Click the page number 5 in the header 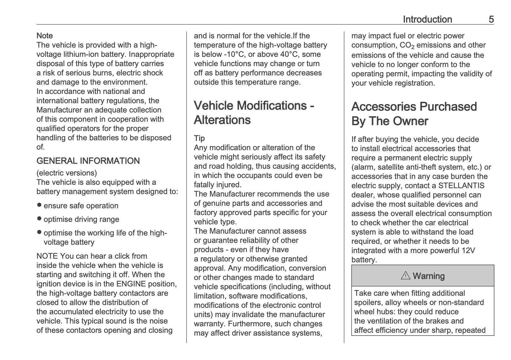(491, 19)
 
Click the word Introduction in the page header (427, 19)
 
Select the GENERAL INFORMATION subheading (88, 161)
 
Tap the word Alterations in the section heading (222, 120)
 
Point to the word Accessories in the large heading (388, 107)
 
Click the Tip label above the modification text (199, 138)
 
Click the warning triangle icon (405, 276)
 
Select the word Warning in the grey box (428, 276)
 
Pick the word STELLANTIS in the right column (461, 186)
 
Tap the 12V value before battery (468, 251)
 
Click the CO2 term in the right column (407, 45)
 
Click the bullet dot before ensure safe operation (39, 205)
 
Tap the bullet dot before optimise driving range (39, 219)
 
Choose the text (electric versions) (66, 173)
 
